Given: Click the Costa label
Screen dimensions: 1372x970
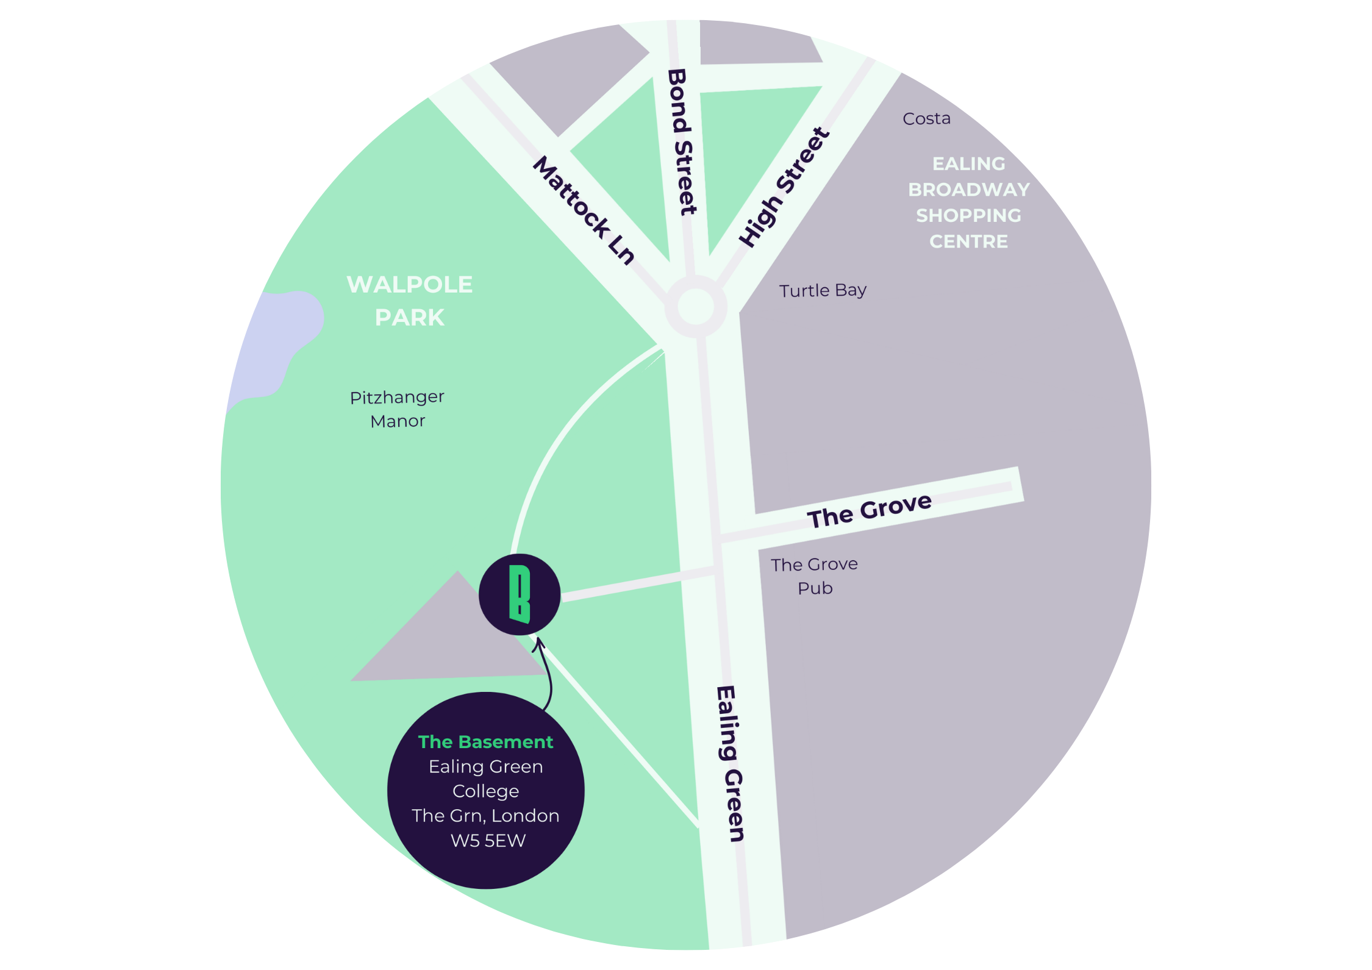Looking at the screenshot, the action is tap(926, 118).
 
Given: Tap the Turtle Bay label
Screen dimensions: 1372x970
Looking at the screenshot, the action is tap(823, 290).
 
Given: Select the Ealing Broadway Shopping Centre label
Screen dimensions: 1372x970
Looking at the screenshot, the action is tap(968, 202).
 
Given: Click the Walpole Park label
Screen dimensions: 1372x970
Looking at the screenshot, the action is tap(410, 301).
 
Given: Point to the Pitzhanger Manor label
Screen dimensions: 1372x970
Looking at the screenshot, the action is tap(397, 409).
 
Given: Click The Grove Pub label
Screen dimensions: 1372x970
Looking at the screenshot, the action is tap(815, 576).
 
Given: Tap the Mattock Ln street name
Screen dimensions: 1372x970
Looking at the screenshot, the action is tap(584, 210).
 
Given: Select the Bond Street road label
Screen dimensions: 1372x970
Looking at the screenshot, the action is tap(682, 142).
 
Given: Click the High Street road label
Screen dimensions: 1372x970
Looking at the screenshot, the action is tap(784, 187).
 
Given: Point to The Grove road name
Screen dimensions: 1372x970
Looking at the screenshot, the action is tap(870, 510).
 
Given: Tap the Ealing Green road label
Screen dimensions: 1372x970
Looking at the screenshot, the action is tap(730, 764).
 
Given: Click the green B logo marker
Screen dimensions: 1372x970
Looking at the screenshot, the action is tap(520, 594).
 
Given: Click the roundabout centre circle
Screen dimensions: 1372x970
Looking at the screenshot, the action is tap(695, 306).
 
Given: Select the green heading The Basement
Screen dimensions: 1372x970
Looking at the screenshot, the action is tap(485, 742).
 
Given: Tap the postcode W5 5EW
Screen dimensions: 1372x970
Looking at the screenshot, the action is tap(488, 841).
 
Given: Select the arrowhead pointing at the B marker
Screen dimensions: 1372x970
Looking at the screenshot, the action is tap(538, 642).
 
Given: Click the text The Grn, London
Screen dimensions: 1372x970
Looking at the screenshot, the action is tap(485, 816).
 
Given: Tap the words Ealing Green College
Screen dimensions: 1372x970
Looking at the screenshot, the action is tap(485, 779).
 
